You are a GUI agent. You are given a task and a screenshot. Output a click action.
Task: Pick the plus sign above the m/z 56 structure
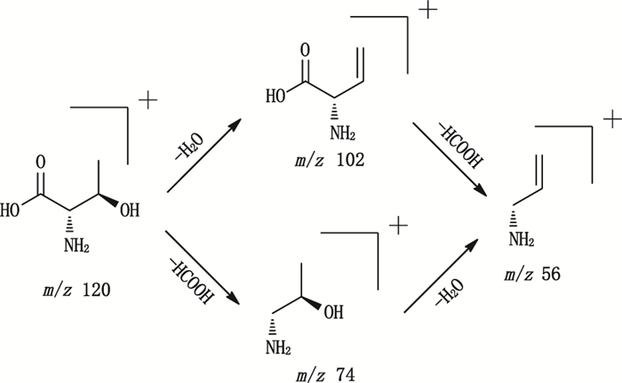pyautogui.click(x=610, y=117)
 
